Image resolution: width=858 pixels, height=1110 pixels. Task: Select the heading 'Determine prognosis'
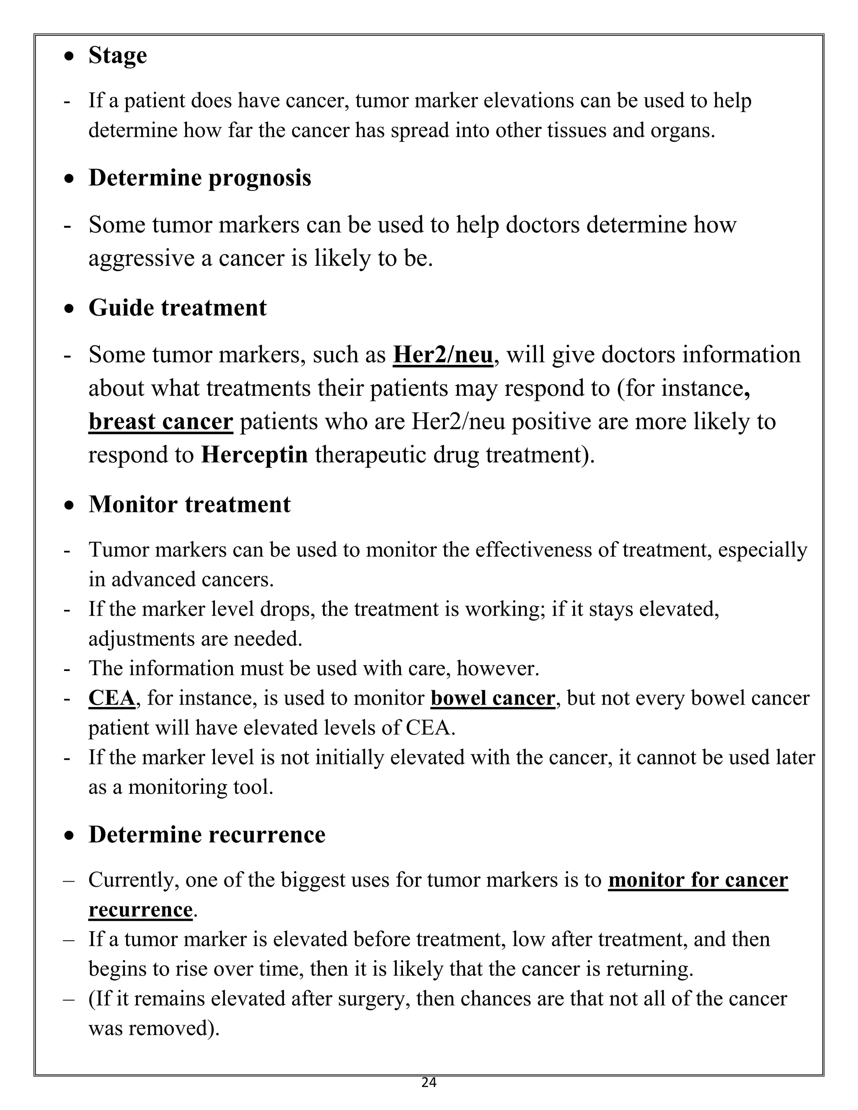(199, 178)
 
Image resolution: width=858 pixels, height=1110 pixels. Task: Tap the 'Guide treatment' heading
(177, 307)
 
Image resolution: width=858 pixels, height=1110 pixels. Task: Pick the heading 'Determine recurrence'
(207, 834)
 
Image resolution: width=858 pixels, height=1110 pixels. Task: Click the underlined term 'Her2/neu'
(443, 355)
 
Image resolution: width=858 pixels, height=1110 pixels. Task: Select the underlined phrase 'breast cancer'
(160, 421)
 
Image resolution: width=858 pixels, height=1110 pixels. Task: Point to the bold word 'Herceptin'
(254, 454)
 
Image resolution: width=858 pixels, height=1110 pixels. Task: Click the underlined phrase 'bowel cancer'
(492, 698)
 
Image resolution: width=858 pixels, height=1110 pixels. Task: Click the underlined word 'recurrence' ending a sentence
(140, 909)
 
